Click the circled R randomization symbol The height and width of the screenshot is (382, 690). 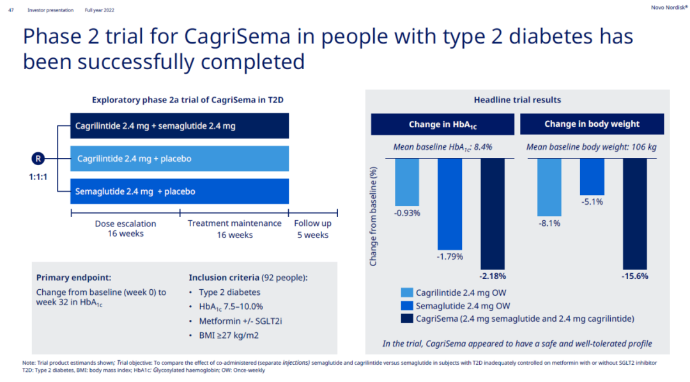(x=38, y=159)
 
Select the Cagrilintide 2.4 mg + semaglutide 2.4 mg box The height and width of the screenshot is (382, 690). (x=180, y=126)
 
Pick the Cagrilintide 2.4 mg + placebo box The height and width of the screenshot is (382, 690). (x=180, y=159)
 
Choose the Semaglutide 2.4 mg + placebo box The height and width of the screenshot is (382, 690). (x=180, y=191)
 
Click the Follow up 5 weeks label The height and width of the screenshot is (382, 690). (x=312, y=229)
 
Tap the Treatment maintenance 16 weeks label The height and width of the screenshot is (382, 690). (x=234, y=229)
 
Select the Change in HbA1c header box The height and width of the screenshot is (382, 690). (x=443, y=125)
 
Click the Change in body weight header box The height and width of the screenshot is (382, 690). (x=592, y=124)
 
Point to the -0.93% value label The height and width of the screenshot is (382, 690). (x=407, y=213)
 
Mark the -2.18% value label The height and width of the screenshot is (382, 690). (x=492, y=276)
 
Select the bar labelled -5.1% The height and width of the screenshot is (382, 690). (x=592, y=176)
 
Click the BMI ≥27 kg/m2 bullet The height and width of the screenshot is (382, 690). (x=231, y=335)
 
